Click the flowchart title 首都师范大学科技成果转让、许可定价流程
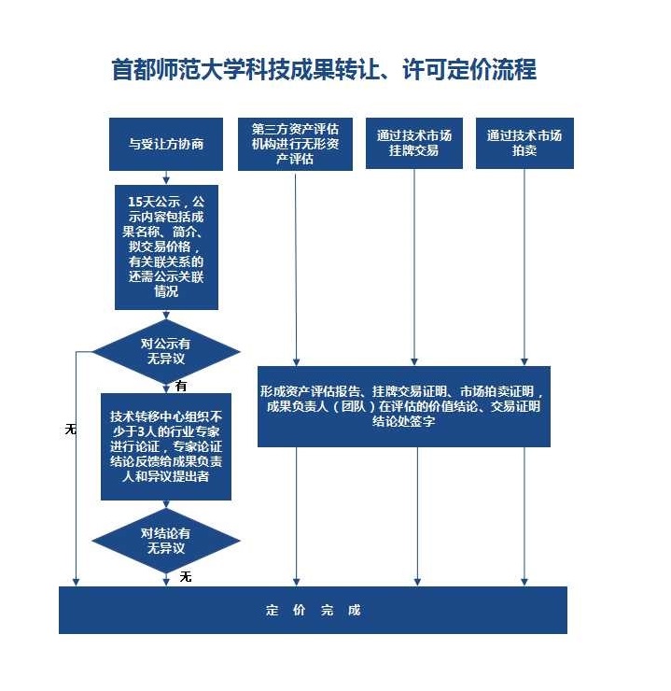[324, 70]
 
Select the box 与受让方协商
[166, 144]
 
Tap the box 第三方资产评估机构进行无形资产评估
[295, 144]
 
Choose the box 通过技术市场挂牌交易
[413, 143]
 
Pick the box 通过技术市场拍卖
[524, 143]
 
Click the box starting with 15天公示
[166, 247]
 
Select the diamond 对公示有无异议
[166, 352]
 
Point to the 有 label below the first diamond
[181, 386]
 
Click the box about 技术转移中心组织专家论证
[166, 446]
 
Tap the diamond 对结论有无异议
[166, 541]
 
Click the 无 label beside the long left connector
[70, 429]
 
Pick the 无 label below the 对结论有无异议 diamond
[186, 576]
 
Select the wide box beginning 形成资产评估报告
[404, 406]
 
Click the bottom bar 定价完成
[313, 610]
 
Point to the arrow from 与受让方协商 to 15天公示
[166, 177]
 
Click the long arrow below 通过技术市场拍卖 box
[524, 267]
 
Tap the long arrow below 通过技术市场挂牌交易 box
[413, 267]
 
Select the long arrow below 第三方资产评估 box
[296, 268]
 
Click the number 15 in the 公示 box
[135, 202]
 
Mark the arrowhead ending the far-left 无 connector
[76, 582]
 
